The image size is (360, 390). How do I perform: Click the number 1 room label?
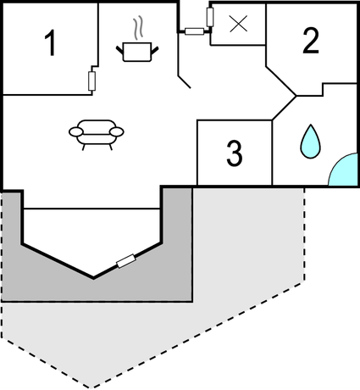[51, 43]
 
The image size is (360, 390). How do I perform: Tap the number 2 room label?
[311, 41]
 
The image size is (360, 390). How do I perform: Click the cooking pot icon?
[137, 52]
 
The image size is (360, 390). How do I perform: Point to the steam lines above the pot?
[137, 27]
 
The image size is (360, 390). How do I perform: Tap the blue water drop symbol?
[310, 141]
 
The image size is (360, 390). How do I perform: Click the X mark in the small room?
[239, 24]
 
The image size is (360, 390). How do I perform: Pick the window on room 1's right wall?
[91, 81]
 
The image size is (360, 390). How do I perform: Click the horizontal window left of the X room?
[194, 31]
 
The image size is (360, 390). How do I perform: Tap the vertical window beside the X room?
[210, 17]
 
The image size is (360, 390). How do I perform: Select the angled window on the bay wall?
[126, 261]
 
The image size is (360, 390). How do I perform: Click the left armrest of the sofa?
[76, 131]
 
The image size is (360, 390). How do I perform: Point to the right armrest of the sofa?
[117, 131]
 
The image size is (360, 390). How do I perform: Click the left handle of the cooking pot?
[119, 49]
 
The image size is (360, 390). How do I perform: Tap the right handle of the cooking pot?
[155, 49]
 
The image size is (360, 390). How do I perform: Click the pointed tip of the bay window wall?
[93, 278]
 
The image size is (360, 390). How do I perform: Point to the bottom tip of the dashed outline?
[91, 387]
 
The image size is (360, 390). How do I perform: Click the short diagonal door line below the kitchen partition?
[185, 82]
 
